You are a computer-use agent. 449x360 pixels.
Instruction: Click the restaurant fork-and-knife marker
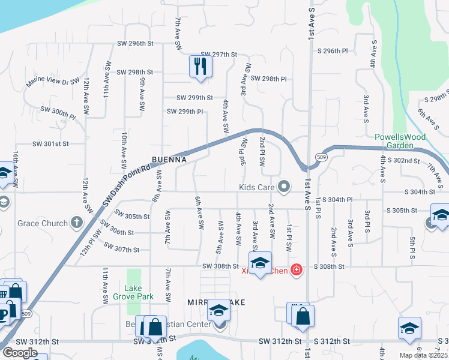(200, 65)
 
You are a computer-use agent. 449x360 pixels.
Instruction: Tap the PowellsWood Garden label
(394, 141)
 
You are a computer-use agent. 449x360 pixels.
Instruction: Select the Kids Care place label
(257, 188)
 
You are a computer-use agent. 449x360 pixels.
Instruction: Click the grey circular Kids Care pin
(284, 188)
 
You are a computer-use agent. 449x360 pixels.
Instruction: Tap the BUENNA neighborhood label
(169, 161)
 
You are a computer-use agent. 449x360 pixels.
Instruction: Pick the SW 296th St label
(135, 44)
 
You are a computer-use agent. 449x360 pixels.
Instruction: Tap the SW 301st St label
(51, 144)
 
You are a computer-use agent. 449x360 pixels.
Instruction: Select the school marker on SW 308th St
(260, 263)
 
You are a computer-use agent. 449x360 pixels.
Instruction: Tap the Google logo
(20, 353)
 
